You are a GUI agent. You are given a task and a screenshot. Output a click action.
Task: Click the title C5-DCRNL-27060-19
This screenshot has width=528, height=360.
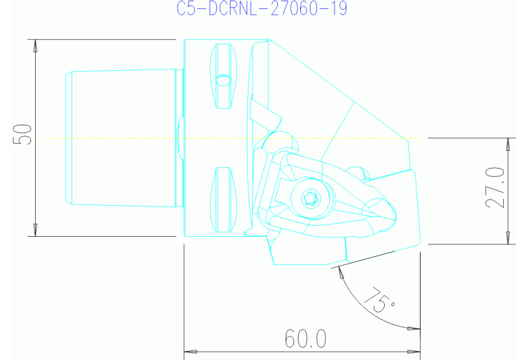pos(262,8)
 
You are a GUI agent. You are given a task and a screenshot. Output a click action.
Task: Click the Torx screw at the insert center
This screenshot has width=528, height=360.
pos(307,198)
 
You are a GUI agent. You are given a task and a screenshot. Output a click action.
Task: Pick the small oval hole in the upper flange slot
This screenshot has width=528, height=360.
pos(223,80)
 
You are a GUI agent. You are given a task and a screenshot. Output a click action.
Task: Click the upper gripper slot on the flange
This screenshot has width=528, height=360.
pos(224,76)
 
